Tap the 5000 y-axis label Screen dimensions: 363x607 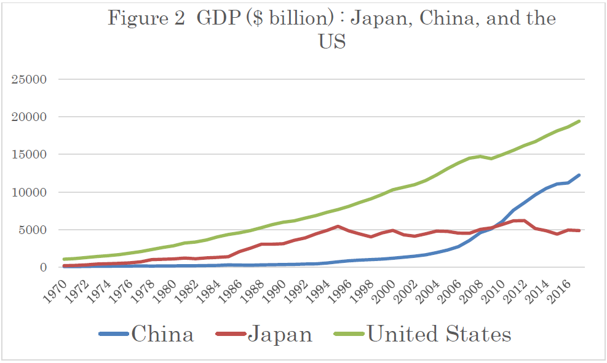click(x=36, y=230)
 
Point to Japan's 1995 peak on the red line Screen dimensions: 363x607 click(x=338, y=226)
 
